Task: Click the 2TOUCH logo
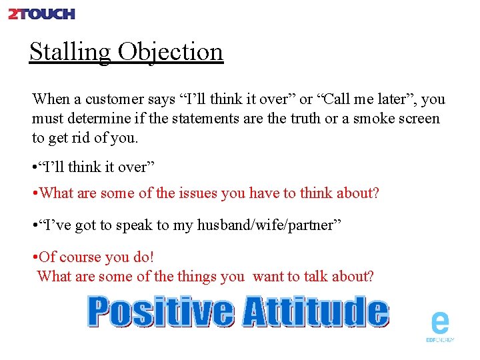[41, 13]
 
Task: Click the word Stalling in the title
[70, 51]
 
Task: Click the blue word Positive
[161, 312]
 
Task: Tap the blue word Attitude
[314, 312]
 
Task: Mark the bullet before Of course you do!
[35, 257]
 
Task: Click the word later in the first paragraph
[391, 99]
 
